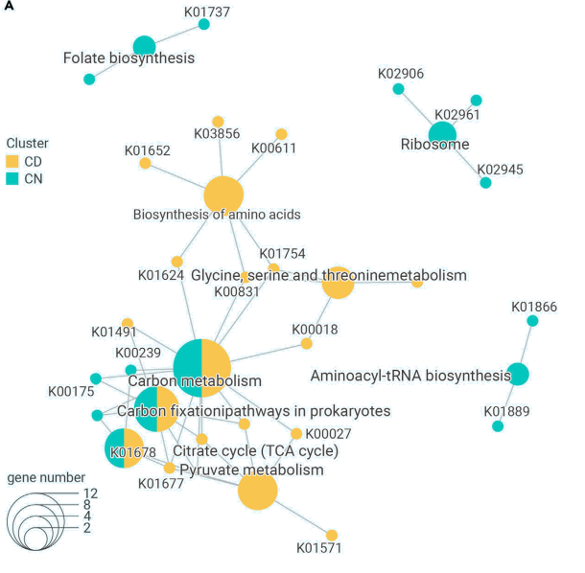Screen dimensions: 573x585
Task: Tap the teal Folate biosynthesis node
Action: (144, 45)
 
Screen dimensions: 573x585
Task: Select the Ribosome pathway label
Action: (434, 145)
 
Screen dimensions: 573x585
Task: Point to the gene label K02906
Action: (401, 73)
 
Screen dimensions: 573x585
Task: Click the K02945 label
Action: (500, 169)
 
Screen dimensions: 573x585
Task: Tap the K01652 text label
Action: (147, 150)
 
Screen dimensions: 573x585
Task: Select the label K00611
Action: (273, 149)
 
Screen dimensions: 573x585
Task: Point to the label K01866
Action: (533, 307)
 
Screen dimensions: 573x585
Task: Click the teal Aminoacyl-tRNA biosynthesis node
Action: (518, 374)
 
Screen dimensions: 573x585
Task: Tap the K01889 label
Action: (506, 411)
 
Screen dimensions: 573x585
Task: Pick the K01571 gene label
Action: (319, 548)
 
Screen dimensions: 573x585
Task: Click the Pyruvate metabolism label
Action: (251, 470)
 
